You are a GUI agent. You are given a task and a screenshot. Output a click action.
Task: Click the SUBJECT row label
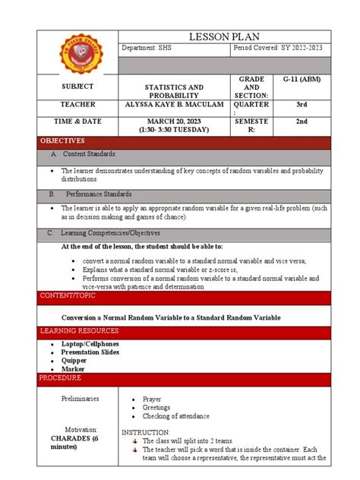(78, 87)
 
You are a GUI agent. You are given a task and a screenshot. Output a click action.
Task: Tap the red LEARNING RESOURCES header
(80, 331)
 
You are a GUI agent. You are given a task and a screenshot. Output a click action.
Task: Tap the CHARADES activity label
(80, 442)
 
